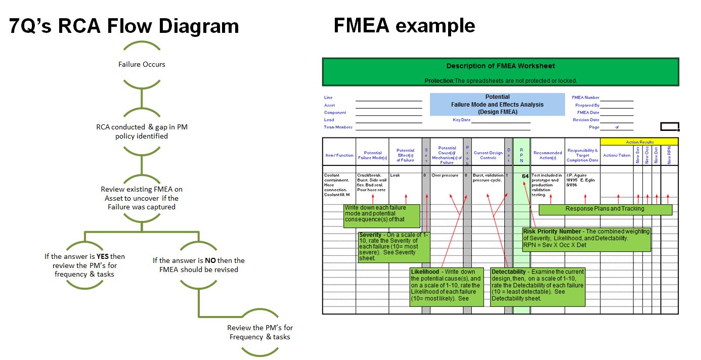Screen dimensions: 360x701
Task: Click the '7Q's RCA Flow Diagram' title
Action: click(124, 26)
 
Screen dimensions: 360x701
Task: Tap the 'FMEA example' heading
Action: click(404, 25)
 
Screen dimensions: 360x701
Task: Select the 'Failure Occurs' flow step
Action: click(142, 64)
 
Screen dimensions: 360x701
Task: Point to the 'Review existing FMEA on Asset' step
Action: click(142, 198)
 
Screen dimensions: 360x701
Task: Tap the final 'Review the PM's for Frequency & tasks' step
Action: click(260, 332)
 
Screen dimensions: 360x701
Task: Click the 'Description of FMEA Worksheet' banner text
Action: click(500, 66)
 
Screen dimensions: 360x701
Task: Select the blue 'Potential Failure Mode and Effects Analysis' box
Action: click(497, 104)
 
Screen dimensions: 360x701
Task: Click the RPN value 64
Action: click(525, 176)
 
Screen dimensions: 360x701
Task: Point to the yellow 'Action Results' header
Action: click(639, 142)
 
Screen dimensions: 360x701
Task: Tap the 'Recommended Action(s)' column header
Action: click(548, 155)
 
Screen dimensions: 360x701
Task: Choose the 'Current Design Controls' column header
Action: click(488, 155)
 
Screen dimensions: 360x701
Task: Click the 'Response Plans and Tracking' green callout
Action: click(605, 209)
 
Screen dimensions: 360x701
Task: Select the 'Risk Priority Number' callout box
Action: click(587, 239)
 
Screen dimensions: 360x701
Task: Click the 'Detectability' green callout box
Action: click(537, 286)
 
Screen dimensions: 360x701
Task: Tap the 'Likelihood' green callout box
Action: click(447, 286)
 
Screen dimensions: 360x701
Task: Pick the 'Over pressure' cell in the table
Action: click(445, 175)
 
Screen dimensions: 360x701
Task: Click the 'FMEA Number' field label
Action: click(585, 98)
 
